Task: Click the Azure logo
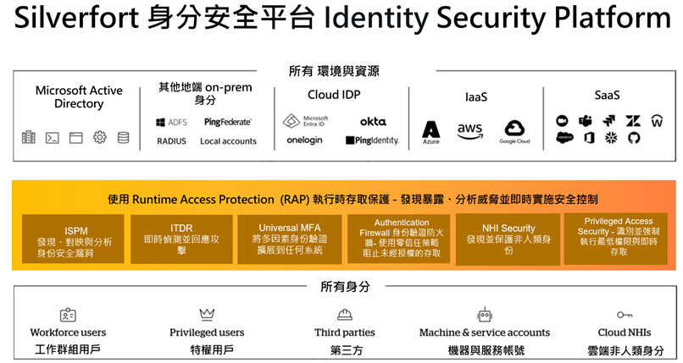431,131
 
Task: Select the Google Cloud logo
514,130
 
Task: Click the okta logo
373,122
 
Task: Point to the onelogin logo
304,140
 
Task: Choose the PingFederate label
227,122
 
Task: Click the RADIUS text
171,141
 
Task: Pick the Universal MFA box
292,239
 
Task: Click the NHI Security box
508,239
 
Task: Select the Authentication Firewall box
401,239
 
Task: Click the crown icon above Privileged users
207,314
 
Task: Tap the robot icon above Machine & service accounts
485,315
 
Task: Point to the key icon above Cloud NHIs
625,315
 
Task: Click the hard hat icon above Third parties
345,315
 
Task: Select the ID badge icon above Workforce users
69,315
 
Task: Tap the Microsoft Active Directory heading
79,97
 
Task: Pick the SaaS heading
607,95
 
